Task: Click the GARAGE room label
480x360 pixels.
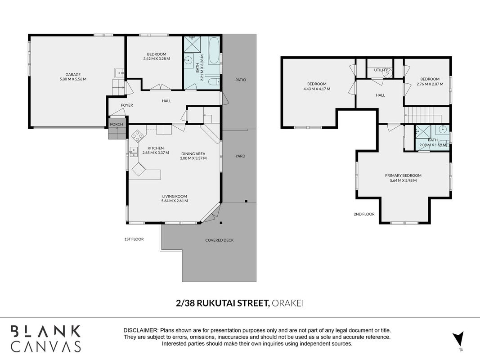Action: (73, 74)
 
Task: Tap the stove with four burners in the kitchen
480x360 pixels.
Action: (137, 136)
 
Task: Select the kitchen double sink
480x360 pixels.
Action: (134, 152)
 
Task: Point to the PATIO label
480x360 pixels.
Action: (241, 80)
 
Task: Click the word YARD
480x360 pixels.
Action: (240, 156)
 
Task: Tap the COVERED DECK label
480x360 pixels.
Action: (220, 240)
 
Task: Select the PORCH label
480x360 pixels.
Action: (117, 124)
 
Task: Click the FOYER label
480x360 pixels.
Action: (127, 105)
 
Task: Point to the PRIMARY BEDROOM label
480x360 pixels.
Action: (403, 175)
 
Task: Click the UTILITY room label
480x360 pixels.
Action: (381, 70)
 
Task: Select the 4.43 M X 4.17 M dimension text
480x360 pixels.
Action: (317, 89)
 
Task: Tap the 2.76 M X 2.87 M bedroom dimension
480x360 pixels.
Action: (430, 84)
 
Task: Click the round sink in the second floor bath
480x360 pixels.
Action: (442, 129)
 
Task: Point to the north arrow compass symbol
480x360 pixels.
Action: (458, 339)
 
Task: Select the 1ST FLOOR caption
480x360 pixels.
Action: (134, 239)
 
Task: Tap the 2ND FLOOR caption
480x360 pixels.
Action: (364, 214)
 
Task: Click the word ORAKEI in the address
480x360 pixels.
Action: (288, 303)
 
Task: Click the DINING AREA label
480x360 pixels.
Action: (193, 153)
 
